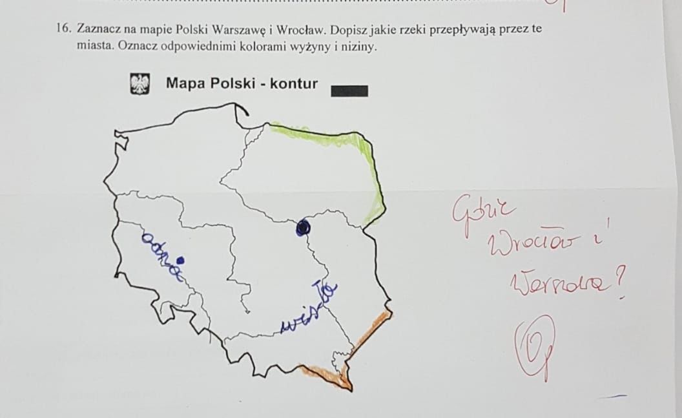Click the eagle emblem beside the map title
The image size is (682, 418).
(140, 84)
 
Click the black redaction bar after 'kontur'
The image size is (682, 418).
(349, 91)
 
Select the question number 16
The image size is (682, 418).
(62, 29)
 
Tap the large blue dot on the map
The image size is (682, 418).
(302, 227)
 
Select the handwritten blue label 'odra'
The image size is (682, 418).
(161, 256)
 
